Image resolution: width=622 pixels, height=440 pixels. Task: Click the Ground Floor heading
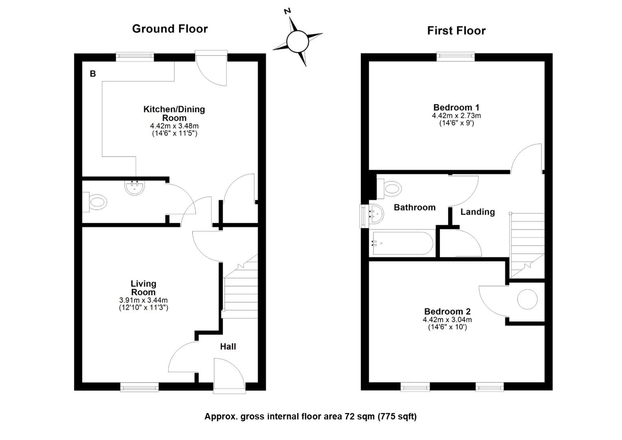(170, 29)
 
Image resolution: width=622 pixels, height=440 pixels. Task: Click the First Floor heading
(456, 31)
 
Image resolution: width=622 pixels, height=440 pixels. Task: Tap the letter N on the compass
(287, 11)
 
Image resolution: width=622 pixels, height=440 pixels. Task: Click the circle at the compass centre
(298, 42)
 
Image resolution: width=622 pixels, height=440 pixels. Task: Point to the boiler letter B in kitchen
(93, 74)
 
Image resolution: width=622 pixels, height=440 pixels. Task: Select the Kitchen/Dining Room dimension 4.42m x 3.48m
(174, 126)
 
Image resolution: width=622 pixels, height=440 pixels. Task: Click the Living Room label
(143, 288)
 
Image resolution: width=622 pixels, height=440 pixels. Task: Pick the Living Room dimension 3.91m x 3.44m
(143, 300)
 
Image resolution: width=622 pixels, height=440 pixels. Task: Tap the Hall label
(228, 347)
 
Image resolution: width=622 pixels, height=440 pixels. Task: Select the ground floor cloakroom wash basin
(135, 187)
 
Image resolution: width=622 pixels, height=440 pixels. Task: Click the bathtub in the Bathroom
(402, 243)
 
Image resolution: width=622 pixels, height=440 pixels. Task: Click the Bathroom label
(414, 207)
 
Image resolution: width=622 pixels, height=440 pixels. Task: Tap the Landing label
(477, 212)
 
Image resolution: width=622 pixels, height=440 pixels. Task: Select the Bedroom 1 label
(456, 107)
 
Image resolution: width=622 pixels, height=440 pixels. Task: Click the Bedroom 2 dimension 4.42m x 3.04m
(447, 320)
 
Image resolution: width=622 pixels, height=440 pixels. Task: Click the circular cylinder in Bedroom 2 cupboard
(527, 299)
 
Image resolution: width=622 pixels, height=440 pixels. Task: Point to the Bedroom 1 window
(456, 57)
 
